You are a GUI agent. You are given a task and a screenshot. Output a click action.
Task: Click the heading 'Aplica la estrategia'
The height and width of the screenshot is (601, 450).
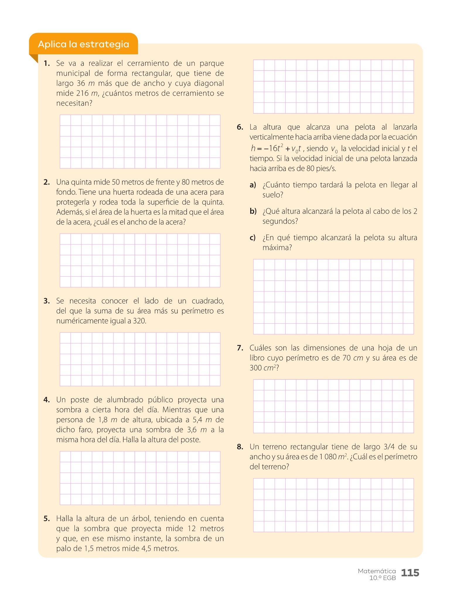[83, 44]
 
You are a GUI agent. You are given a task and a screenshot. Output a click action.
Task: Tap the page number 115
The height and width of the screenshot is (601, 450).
[410, 573]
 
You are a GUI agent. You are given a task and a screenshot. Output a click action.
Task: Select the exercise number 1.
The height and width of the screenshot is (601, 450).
[47, 63]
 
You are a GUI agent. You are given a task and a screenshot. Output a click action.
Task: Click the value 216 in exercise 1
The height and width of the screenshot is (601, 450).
[82, 93]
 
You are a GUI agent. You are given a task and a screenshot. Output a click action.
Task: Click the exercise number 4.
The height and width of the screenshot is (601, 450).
[47, 400]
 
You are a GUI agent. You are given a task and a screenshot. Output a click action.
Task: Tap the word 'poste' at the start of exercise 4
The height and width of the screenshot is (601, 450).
[79, 400]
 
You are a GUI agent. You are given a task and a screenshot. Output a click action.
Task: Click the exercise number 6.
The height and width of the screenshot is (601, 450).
[240, 127]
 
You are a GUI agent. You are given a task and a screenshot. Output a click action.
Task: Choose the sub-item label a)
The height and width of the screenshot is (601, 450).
[253, 185]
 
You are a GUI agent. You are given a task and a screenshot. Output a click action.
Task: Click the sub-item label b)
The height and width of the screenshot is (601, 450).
[253, 211]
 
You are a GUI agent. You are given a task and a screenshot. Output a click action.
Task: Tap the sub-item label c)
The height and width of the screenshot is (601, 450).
[253, 238]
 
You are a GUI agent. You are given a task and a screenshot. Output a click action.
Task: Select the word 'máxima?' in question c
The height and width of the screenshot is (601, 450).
[277, 248]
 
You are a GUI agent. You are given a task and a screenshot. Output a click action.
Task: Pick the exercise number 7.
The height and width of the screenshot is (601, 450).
[240, 348]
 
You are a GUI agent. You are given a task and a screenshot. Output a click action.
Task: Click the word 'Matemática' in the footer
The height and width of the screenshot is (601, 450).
[377, 571]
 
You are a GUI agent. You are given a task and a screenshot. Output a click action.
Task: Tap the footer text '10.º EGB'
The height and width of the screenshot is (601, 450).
[383, 578]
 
